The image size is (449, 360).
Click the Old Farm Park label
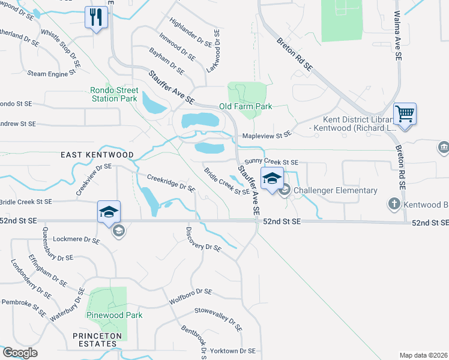246,106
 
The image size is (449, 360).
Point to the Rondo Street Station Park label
114,94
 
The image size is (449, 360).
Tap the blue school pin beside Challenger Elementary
272,179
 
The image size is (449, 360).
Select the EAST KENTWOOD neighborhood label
97,155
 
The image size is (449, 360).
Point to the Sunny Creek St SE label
271,163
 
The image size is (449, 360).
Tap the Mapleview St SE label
267,135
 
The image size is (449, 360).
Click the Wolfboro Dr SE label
190,296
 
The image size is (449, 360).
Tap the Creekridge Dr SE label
171,183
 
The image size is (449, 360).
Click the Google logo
20,352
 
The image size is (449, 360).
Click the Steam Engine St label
51,73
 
